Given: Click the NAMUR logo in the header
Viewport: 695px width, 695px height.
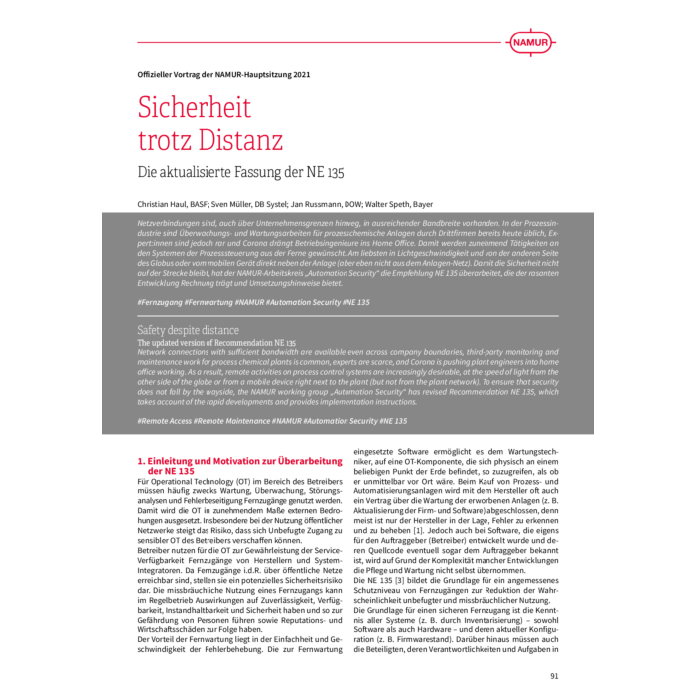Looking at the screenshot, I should pos(531,42).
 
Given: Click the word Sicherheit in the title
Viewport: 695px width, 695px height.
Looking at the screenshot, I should pos(195,107).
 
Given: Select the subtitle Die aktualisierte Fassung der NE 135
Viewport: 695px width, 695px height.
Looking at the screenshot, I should pos(240,172).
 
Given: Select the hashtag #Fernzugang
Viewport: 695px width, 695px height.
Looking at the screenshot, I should pos(164,302).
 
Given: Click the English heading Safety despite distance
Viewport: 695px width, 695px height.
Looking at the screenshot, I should pos(188,330).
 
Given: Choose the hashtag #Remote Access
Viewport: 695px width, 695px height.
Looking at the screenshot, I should pos(167,421).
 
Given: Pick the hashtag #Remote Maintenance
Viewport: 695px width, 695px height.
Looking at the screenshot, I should pos(235,421).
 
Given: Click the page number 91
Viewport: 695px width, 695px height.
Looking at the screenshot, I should pos(554,676).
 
